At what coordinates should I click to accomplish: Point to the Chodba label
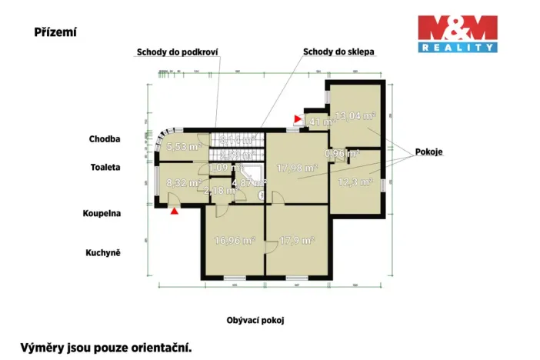click(105, 139)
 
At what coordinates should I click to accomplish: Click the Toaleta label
click(105, 166)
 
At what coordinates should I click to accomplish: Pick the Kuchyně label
click(104, 252)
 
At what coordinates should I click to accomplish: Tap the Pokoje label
click(431, 152)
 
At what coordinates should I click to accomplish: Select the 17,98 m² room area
click(298, 168)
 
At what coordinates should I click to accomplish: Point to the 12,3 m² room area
click(356, 182)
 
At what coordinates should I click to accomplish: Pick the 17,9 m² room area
click(297, 240)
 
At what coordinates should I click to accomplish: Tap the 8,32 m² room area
click(184, 183)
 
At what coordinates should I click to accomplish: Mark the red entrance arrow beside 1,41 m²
click(297, 119)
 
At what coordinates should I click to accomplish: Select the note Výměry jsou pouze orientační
click(105, 347)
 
